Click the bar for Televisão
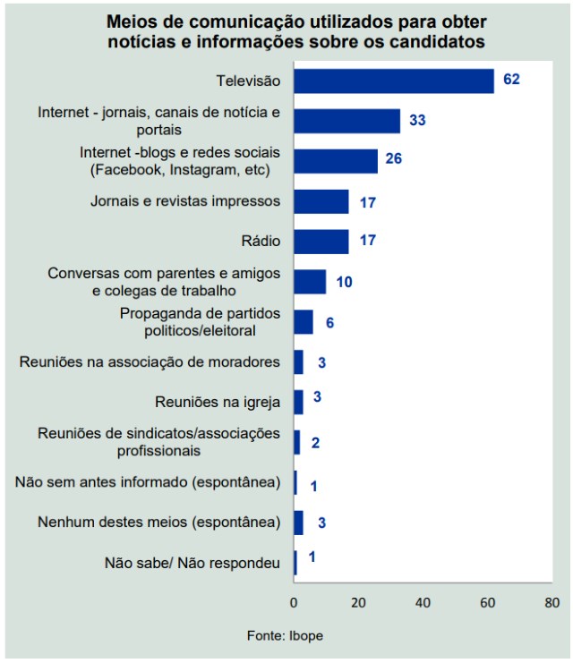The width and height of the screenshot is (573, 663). [394, 81]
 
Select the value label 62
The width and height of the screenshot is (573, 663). [511, 80]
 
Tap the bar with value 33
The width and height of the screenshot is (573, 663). [346, 121]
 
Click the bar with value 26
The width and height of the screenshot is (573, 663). [336, 161]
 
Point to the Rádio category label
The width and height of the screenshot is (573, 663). [261, 242]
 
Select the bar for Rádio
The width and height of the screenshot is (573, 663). [321, 242]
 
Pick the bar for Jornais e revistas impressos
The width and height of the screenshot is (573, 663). [321, 201]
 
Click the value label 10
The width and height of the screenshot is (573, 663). [344, 283]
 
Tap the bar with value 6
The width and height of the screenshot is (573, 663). [304, 322]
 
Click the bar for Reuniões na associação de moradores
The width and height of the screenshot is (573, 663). [299, 362]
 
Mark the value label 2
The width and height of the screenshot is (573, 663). [316, 443]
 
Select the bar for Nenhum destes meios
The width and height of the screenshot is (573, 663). [299, 523]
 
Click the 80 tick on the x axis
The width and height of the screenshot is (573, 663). [552, 601]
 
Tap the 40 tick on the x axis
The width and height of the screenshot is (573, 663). [423, 601]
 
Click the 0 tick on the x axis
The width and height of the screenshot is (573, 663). [294, 601]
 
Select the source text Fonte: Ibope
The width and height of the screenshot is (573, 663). [286, 635]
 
